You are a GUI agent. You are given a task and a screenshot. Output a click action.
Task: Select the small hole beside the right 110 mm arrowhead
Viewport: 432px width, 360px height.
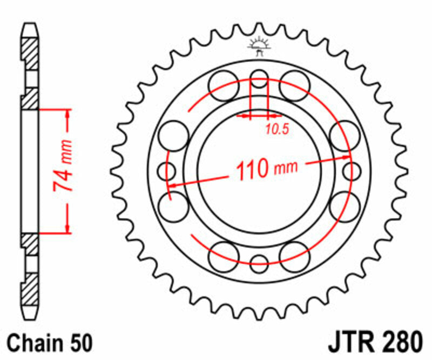pyautogui.click(x=352, y=172)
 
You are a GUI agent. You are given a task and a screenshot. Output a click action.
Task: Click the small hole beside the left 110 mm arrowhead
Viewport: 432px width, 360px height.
pyautogui.click(x=167, y=172)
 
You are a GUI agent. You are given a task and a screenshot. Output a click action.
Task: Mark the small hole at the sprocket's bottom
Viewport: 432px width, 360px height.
pyautogui.click(x=260, y=264)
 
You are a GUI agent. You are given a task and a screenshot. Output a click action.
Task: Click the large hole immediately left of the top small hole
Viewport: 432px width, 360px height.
pyautogui.click(x=224, y=85)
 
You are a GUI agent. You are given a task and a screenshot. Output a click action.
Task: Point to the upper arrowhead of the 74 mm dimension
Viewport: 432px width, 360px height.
pyautogui.click(x=67, y=113)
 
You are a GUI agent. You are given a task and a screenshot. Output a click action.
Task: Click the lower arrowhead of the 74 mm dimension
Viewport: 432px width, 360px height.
pyautogui.click(x=67, y=229)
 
